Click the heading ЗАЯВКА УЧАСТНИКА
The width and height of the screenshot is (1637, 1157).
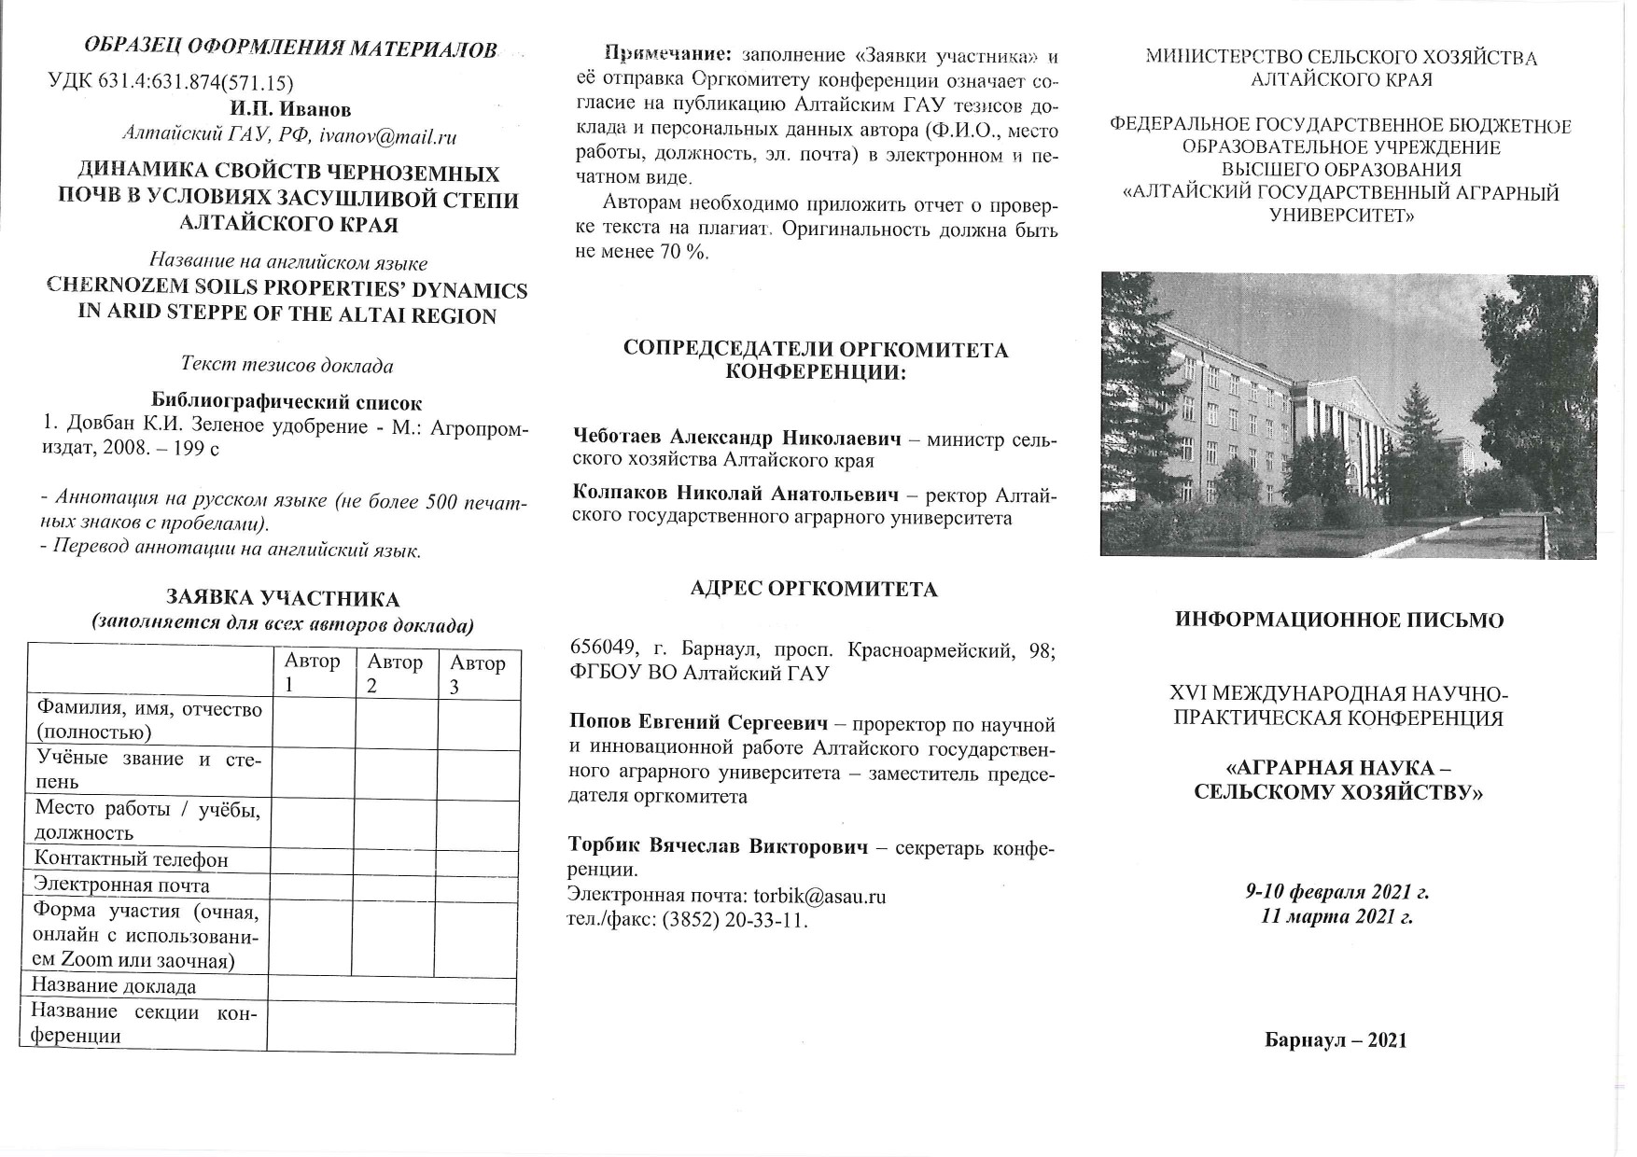282,599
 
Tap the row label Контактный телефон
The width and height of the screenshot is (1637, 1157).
131,859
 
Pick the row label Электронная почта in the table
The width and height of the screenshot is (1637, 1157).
121,885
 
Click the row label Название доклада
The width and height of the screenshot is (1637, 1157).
114,986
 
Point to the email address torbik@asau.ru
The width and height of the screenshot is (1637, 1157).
818,897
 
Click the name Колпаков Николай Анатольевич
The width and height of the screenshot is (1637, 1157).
735,494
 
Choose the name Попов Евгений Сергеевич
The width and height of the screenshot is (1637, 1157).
698,723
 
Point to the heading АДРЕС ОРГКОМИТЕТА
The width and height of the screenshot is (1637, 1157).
813,589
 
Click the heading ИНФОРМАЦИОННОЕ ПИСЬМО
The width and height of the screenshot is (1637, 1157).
1339,620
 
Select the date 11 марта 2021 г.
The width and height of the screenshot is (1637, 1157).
1336,916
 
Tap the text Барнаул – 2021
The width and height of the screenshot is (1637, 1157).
1336,1040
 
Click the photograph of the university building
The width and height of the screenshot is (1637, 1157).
1348,415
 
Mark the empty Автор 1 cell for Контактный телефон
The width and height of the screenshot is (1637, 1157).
312,859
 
